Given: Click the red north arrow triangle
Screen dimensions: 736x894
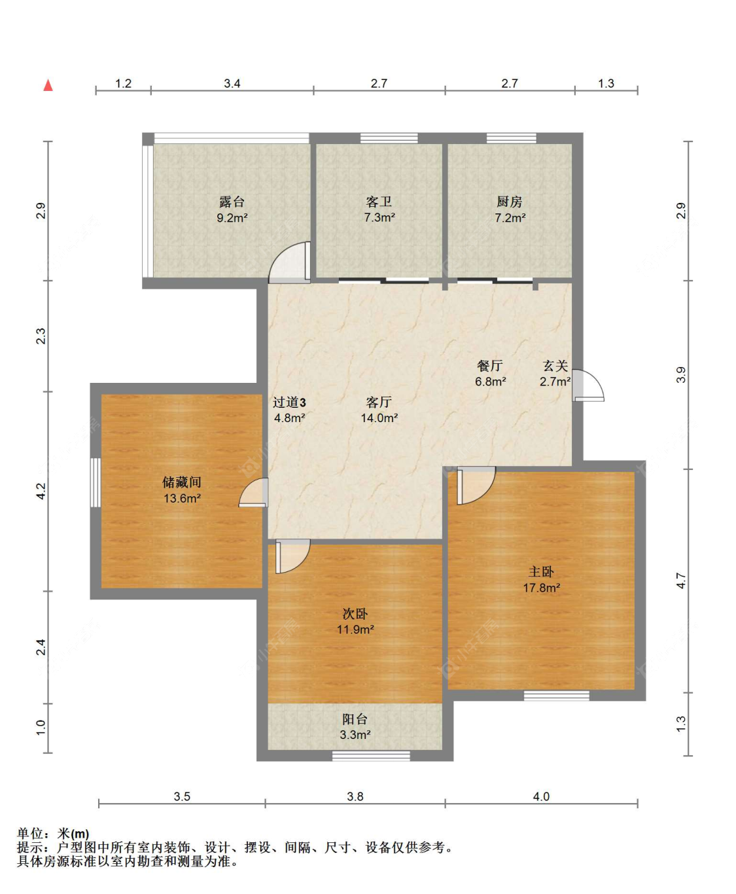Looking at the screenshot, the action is click(x=48, y=85).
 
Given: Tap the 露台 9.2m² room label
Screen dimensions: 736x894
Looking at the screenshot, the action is click(x=232, y=209).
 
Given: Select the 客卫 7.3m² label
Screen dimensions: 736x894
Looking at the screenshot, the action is click(x=379, y=209).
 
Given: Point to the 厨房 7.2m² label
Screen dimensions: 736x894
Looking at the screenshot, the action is click(x=510, y=209).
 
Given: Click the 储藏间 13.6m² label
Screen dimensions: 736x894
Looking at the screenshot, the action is click(x=182, y=490).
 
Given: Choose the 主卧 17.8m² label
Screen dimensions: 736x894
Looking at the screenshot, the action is click(x=541, y=579).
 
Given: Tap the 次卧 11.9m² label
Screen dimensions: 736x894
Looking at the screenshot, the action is click(x=355, y=622).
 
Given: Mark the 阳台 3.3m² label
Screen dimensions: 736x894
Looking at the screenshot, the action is click(x=355, y=726).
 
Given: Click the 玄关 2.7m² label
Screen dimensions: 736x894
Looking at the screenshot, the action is click(x=555, y=373).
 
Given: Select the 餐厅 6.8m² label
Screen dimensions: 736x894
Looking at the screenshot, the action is click(x=490, y=373).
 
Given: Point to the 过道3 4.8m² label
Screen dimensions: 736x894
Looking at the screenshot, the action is click(x=289, y=410).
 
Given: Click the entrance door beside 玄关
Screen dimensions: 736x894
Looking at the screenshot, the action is click(x=588, y=385).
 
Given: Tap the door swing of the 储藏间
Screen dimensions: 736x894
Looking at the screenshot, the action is click(x=253, y=492).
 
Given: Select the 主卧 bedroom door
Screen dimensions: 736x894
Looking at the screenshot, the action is click(x=476, y=486).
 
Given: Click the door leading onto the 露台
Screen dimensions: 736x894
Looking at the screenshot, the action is click(x=289, y=262).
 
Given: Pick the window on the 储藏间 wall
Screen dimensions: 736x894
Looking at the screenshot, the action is click(x=96, y=482).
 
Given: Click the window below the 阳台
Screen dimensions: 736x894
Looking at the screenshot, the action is click(x=371, y=756).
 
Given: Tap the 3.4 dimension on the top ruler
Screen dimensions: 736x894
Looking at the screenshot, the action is click(x=232, y=83).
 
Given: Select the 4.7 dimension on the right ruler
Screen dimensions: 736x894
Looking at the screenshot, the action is click(x=681, y=581).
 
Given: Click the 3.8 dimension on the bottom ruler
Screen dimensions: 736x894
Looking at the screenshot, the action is click(x=355, y=796).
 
